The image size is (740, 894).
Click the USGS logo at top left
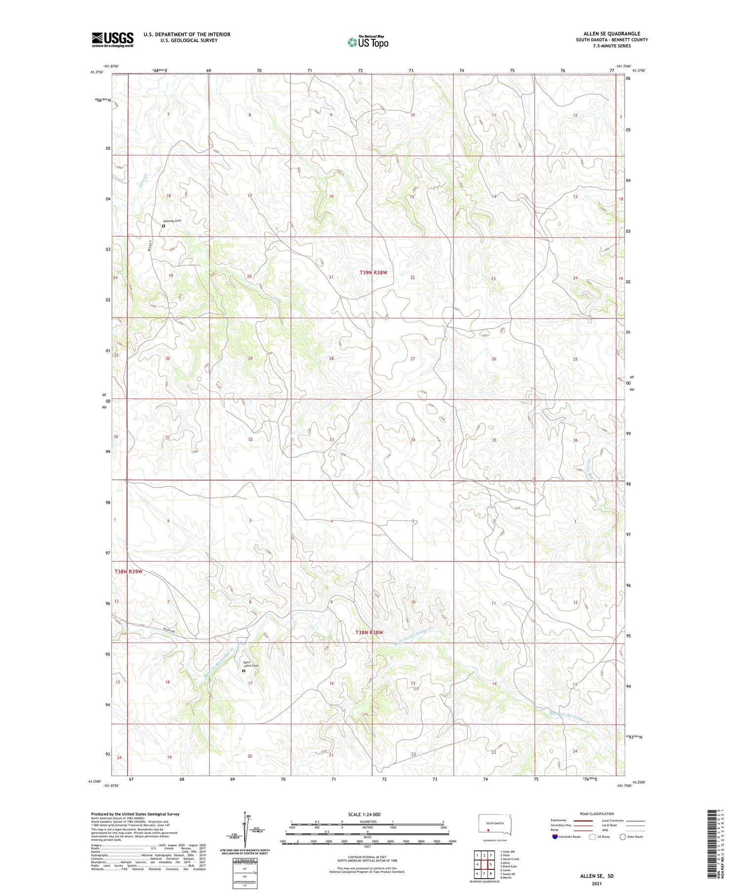pos(112,39)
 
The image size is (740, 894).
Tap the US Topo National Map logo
pos(368,42)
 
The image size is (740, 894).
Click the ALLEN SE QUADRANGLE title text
pos(612,34)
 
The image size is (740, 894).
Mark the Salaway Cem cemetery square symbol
pos(164,226)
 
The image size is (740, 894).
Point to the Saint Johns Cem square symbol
pos(244,671)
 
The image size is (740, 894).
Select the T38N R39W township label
pos(128,572)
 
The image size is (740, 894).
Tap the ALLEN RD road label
pos(169,629)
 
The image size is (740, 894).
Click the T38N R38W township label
pos(370,632)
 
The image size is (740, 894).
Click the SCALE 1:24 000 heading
pos(364,814)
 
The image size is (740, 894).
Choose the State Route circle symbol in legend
pos(623,837)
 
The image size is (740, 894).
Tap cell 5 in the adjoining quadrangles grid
pos(491,864)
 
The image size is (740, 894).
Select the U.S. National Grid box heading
pos(245,860)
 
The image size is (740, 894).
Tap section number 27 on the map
pos(413,359)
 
